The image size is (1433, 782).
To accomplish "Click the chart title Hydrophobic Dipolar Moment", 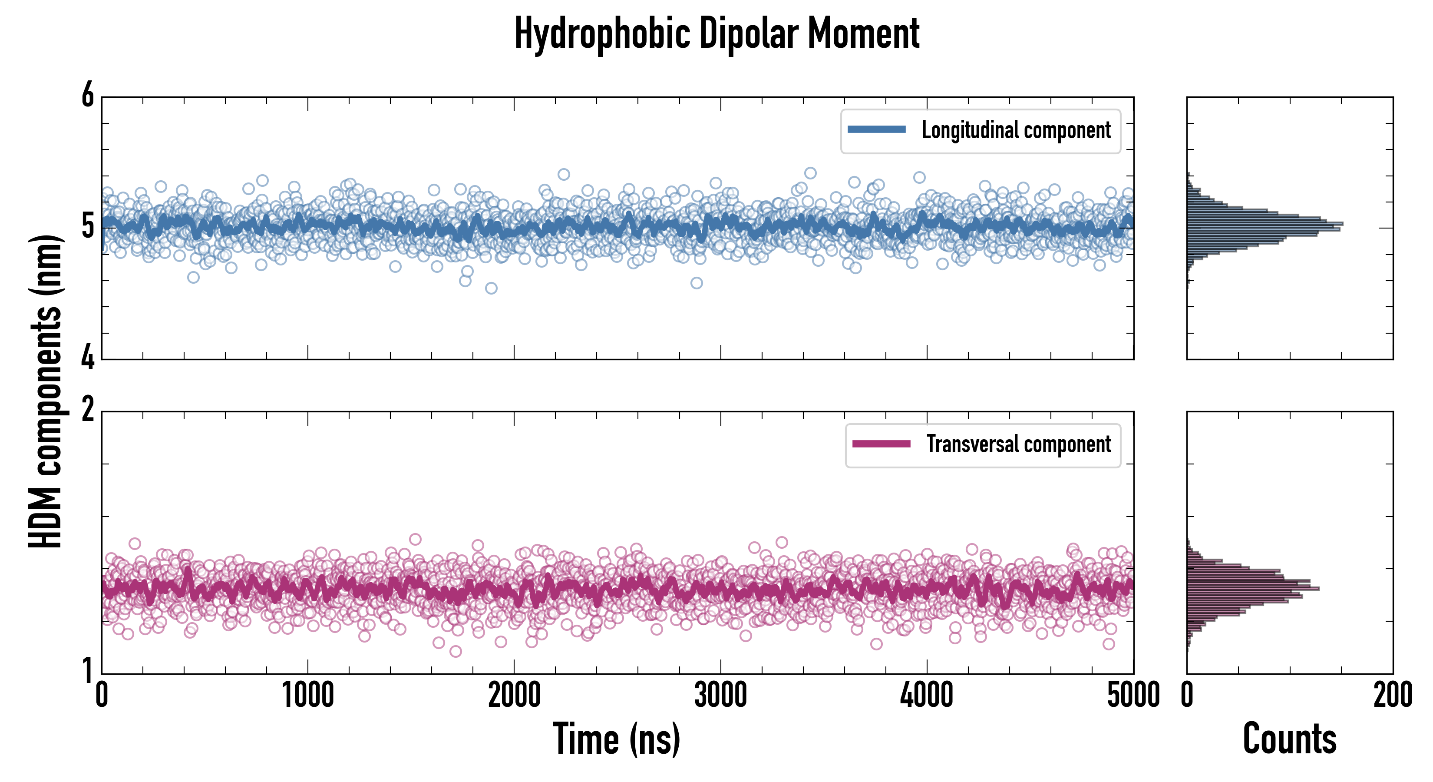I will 716,33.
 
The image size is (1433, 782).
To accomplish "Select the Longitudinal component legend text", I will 1016,130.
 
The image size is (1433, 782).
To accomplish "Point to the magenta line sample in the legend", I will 881,444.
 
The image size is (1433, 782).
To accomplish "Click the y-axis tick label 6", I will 88,96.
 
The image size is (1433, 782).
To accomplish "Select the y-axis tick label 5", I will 88,226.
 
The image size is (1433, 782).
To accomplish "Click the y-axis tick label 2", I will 88,410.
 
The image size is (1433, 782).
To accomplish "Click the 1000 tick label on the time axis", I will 307,696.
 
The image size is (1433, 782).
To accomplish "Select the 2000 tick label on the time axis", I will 514,696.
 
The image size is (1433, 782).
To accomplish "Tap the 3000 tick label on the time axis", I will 720,696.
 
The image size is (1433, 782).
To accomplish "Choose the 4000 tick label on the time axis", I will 927,696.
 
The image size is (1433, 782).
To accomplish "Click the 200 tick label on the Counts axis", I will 1392,696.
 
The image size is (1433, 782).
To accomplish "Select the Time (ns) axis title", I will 616,739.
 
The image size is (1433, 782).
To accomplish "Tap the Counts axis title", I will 1289,739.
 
